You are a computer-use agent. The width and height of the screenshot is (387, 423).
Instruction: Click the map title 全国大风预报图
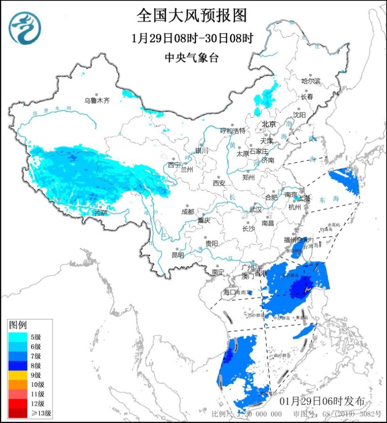click(191, 16)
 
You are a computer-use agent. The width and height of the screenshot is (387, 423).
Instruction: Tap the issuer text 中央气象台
click(191, 58)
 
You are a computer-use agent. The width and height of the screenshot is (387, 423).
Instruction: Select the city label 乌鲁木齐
click(96, 100)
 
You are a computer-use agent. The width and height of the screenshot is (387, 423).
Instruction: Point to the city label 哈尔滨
click(311, 81)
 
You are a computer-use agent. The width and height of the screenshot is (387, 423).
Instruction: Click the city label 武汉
click(256, 210)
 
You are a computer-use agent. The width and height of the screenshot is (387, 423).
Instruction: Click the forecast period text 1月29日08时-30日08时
click(191, 39)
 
